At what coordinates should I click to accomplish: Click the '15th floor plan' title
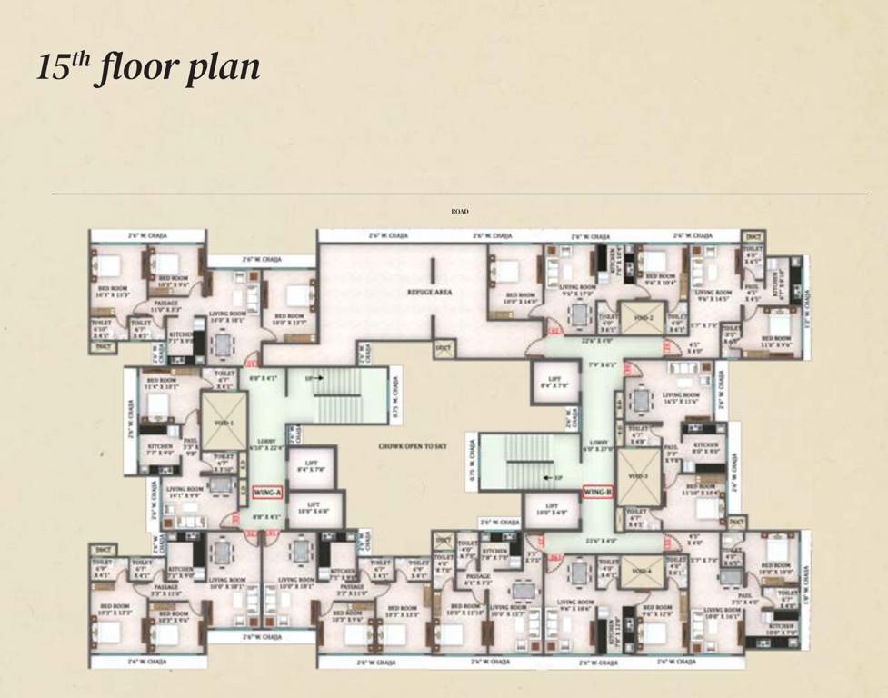[x=148, y=68]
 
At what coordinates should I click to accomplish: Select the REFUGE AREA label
[x=430, y=293]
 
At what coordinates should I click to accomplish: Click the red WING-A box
[x=268, y=494]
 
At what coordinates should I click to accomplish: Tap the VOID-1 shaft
[x=223, y=422]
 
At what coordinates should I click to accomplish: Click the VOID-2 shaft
[x=644, y=317]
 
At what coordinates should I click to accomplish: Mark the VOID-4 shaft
[x=642, y=573]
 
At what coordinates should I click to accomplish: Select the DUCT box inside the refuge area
[x=442, y=346]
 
